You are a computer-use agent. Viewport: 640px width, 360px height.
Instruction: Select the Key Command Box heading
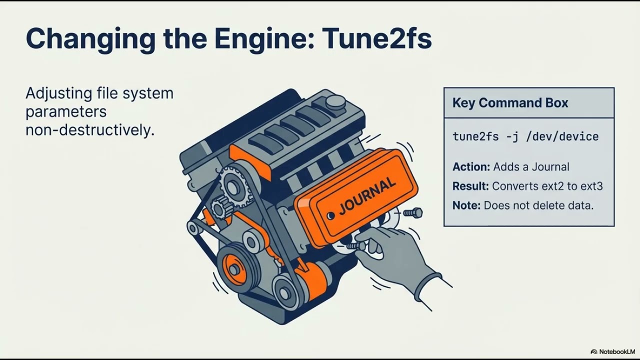point(510,103)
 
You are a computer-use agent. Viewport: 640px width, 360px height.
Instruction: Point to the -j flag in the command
point(512,137)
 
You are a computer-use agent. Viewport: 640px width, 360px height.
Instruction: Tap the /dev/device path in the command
point(562,136)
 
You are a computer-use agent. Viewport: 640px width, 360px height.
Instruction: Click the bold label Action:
point(471,167)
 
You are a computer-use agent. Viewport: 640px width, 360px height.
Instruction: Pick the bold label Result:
point(470,186)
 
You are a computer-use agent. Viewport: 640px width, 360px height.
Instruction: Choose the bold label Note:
point(466,205)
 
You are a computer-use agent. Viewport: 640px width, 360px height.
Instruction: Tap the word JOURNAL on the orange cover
point(367,196)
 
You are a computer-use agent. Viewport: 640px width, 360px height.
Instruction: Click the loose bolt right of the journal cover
point(413,213)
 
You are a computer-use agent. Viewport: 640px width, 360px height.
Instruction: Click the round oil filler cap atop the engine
point(335,102)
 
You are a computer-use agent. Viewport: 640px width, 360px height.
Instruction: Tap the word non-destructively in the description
point(90,130)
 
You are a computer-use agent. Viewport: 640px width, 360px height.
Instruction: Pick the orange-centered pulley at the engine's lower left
point(235,268)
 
